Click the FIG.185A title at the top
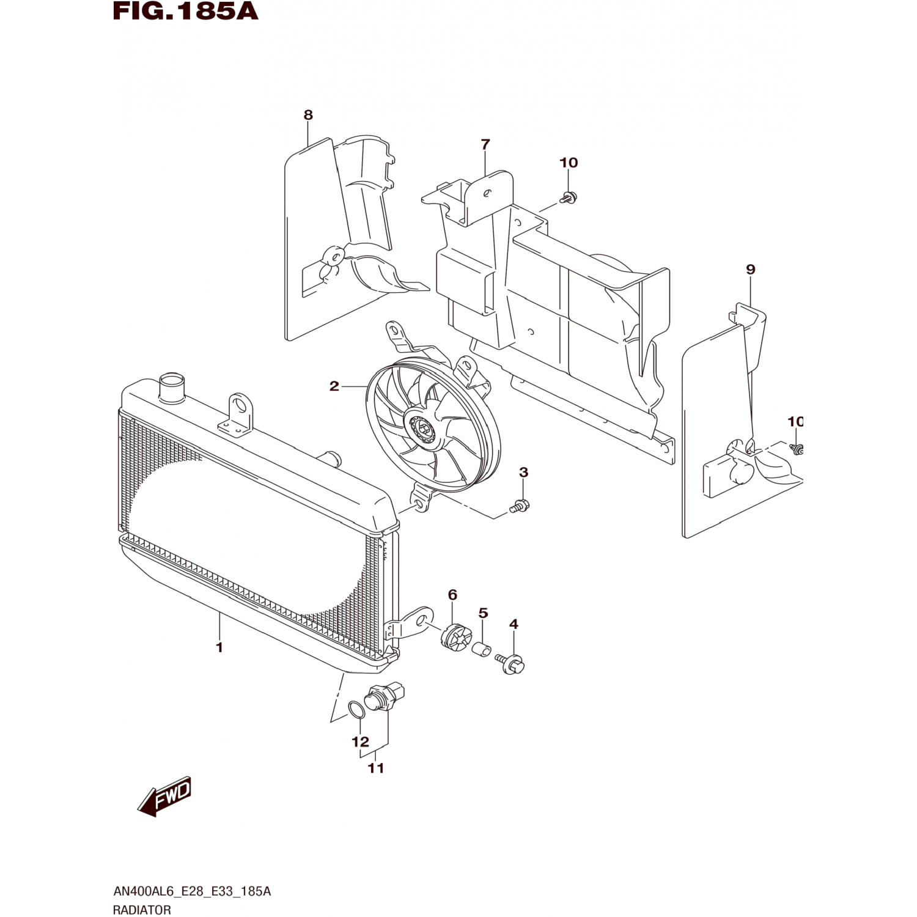coord(186,11)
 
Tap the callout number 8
coord(308,115)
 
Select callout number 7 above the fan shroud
coord(485,145)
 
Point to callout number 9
coord(751,270)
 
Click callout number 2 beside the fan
coord(334,386)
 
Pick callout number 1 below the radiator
coord(219,647)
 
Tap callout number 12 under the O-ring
coord(361,742)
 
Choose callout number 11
coord(376,768)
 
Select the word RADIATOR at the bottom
coord(142,910)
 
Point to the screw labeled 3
coord(520,506)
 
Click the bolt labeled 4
coord(512,663)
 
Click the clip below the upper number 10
coord(569,197)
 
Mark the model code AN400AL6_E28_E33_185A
coord(192,891)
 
